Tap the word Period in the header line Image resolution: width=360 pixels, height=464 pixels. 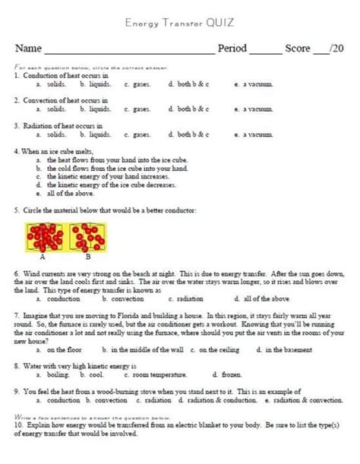pos(232,49)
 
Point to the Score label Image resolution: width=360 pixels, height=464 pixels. pos(298,49)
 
